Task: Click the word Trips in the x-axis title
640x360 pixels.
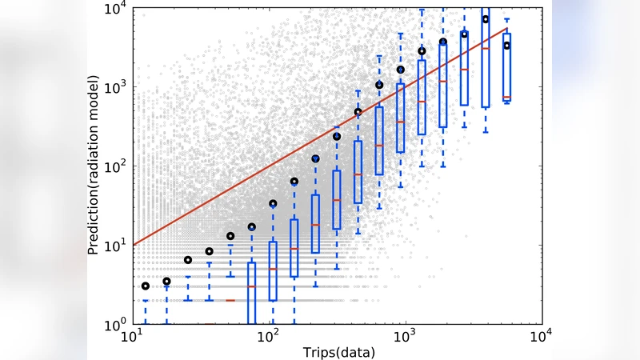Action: coord(318,352)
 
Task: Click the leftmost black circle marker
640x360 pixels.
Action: coord(146,286)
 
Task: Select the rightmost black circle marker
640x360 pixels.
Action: coord(506,46)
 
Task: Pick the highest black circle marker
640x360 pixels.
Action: coord(485,19)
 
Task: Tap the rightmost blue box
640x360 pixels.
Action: coord(506,66)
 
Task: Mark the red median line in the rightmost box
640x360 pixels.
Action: coord(506,98)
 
